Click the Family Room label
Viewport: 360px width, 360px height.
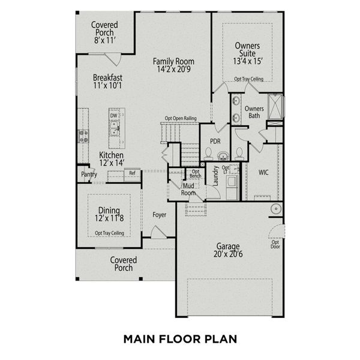(x=173, y=65)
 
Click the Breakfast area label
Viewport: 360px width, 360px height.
(x=108, y=81)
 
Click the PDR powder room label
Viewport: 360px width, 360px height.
(x=216, y=141)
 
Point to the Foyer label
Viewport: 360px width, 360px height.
(x=159, y=214)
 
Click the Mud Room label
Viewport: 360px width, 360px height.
(x=188, y=190)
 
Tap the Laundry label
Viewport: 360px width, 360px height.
(x=215, y=176)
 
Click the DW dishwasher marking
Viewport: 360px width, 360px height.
(x=113, y=115)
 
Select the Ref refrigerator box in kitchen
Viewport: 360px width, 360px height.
(x=132, y=173)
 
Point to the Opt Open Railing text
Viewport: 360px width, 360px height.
(x=182, y=118)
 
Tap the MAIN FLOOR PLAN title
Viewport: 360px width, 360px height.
(x=180, y=339)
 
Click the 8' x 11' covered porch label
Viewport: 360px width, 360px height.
(x=104, y=40)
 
